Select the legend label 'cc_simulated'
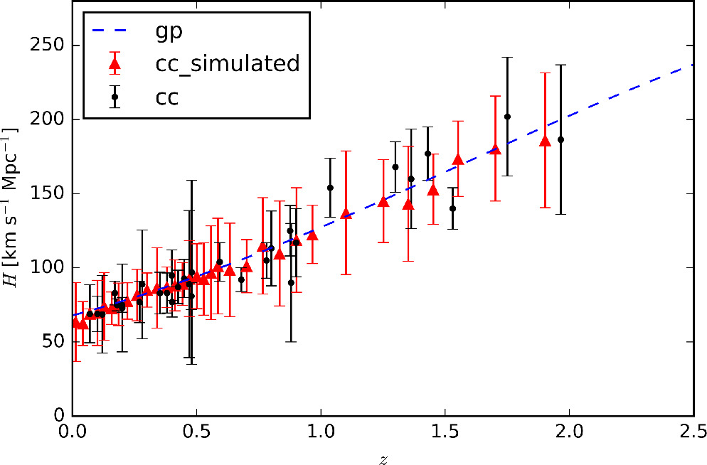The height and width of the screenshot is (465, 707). (228, 63)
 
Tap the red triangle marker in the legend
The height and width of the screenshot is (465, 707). (114, 64)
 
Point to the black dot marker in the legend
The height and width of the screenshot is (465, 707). (115, 97)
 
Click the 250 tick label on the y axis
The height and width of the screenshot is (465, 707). (47, 46)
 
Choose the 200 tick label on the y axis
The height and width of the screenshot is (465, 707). (47, 119)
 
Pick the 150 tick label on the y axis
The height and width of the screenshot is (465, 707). (47, 193)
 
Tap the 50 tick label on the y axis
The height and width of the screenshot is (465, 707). (51, 341)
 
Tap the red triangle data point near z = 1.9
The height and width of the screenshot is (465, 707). (545, 141)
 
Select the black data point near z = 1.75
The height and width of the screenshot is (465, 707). (507, 117)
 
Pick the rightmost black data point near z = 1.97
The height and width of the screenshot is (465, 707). (560, 139)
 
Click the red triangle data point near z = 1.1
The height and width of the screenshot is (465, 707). (346, 213)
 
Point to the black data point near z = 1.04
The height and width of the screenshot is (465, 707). (330, 188)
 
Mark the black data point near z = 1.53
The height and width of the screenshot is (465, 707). (452, 208)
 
